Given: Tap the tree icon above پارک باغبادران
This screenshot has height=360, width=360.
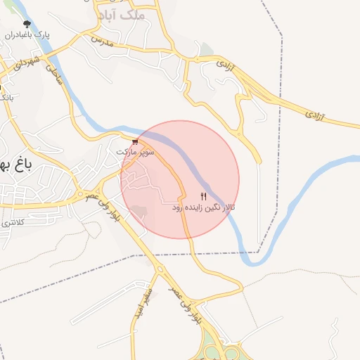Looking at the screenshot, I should pos(27,24).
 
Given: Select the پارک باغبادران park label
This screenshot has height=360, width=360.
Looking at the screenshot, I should pos(27,34).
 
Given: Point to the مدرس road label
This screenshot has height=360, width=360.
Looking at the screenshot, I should pos(101,41).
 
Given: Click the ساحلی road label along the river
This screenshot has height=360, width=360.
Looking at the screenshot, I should pos(55,75).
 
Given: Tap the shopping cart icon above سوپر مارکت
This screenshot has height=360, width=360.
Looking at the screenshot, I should pos(135,141).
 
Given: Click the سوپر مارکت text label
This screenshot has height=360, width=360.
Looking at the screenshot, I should pos(136,151).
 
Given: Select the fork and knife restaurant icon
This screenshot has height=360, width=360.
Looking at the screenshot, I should pos(204,196).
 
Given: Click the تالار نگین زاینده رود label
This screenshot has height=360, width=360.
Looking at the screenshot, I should pos(204,208).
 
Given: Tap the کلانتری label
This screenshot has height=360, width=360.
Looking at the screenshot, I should pos(10,222).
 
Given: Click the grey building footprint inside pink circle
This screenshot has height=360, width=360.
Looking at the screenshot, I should pos(141,211).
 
